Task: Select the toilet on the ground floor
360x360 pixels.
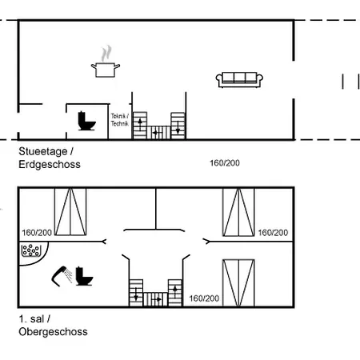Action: tap(86, 121)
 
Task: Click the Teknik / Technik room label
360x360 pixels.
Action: tap(119, 119)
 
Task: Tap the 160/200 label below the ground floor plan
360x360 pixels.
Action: tap(225, 162)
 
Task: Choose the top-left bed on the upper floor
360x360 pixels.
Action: tap(70, 212)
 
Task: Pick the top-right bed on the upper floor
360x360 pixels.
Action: tap(238, 212)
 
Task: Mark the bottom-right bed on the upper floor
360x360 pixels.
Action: tap(238, 282)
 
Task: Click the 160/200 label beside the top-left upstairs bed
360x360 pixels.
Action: tap(37, 233)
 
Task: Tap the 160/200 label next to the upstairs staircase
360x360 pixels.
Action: tap(204, 298)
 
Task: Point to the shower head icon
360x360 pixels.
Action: tap(62, 275)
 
